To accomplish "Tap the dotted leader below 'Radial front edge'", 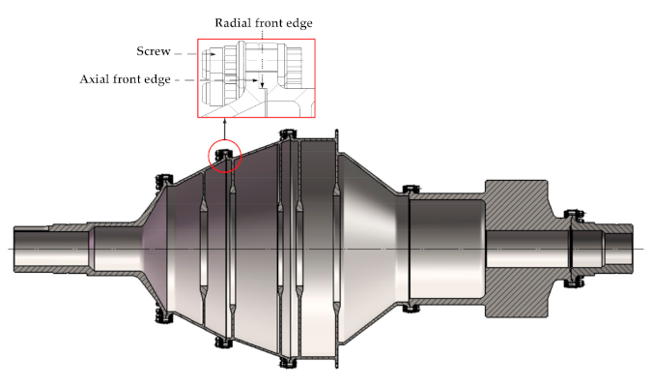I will coord(262,58).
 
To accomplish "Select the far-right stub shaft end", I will coord(626,248).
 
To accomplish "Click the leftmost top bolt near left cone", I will coord(162,179).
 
